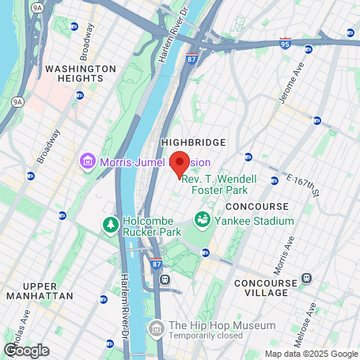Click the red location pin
[180, 164]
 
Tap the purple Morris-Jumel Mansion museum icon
[86, 163]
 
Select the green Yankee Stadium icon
[203, 218]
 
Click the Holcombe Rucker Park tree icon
[110, 226]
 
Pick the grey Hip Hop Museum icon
[156, 328]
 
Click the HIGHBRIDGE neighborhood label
[193, 142]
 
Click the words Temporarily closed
[210, 336]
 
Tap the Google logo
[26, 350]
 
